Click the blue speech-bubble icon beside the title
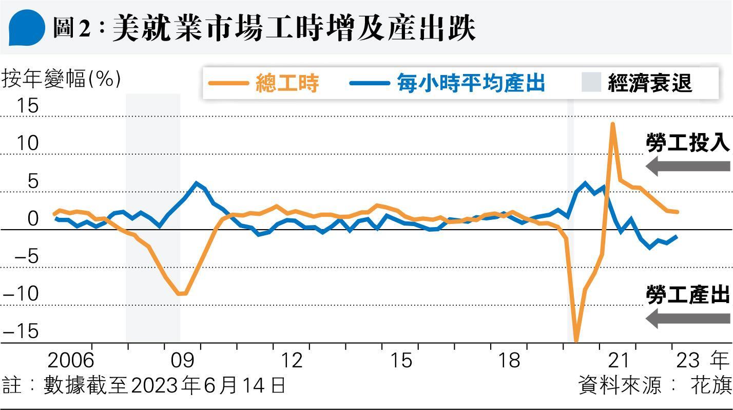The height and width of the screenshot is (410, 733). pyautogui.click(x=27, y=28)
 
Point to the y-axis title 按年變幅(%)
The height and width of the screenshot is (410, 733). pyautogui.click(x=62, y=80)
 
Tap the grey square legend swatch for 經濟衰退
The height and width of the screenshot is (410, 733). pyautogui.click(x=591, y=82)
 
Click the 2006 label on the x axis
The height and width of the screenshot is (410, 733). pyautogui.click(x=70, y=361)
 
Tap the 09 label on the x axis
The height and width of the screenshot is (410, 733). pyautogui.click(x=183, y=361)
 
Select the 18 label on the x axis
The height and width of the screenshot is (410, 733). pyautogui.click(x=509, y=361)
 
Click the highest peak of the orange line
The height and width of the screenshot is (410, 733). pyautogui.click(x=612, y=124)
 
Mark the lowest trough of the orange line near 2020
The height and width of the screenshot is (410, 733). pyautogui.click(x=576, y=341)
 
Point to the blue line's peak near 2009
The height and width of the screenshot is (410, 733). pyautogui.click(x=197, y=183)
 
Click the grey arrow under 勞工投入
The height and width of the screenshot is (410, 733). pyautogui.click(x=688, y=166)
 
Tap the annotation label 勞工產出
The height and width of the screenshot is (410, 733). pyautogui.click(x=688, y=296)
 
